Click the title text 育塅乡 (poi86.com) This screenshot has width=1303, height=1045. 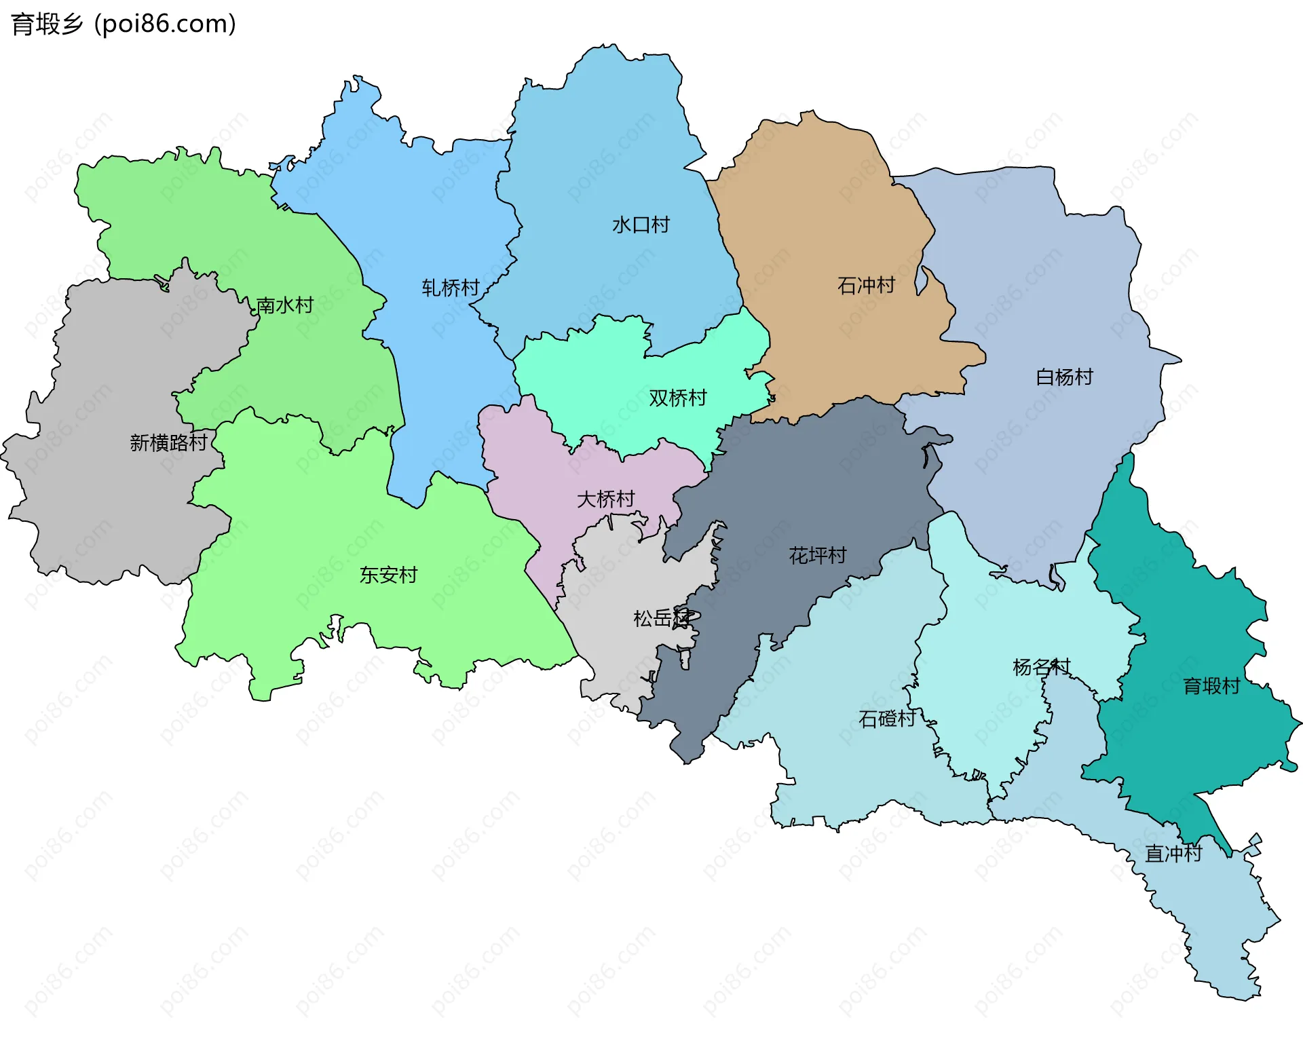click(x=124, y=24)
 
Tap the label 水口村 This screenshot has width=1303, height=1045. click(x=641, y=225)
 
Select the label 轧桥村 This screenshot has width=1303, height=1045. click(x=451, y=288)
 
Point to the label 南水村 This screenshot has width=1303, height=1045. click(x=284, y=305)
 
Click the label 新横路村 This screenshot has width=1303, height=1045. click(x=168, y=442)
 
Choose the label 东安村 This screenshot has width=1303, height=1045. click(x=388, y=575)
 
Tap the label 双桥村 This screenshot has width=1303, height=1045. click(x=677, y=398)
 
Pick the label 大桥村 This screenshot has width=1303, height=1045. click(x=605, y=499)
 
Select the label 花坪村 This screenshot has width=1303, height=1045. click(x=817, y=556)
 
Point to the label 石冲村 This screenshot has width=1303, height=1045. click(x=866, y=285)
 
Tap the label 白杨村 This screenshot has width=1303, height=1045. click(x=1064, y=377)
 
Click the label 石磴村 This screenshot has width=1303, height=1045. click(x=887, y=718)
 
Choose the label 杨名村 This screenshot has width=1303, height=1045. click(x=1041, y=667)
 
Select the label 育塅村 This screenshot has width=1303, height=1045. click(x=1211, y=686)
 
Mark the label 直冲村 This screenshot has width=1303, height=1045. click(x=1173, y=854)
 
